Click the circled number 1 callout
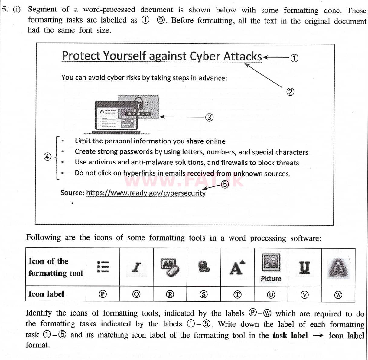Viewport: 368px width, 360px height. pyautogui.click(x=294, y=58)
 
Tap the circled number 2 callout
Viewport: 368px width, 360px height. pyautogui.click(x=290, y=92)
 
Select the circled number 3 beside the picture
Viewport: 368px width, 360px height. pyautogui.click(x=209, y=117)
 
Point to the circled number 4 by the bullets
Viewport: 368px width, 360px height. pyautogui.click(x=47, y=157)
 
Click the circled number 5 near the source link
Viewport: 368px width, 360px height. pyautogui.click(x=225, y=184)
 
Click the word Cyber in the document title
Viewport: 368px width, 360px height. pyautogui.click(x=205, y=56)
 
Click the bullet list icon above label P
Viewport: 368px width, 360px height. pyautogui.click(x=103, y=267)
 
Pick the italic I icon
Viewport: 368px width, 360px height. pyautogui.click(x=137, y=267)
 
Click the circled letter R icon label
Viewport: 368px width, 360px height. pyautogui.click(x=170, y=294)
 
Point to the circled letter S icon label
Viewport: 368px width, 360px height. pyautogui.click(x=204, y=294)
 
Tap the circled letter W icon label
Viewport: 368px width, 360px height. pyautogui.click(x=338, y=295)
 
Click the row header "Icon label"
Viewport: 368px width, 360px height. pyautogui.click(x=46, y=294)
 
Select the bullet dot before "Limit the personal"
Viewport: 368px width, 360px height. pyautogui.click(x=62, y=141)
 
